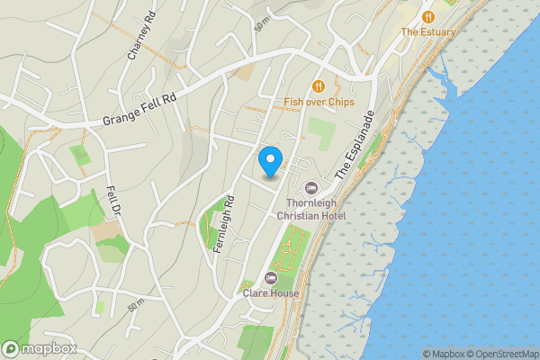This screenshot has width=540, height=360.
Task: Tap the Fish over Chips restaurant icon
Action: click(318, 86)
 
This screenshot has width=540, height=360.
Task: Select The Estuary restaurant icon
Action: click(428, 16)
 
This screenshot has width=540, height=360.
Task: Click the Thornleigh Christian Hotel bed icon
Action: click(311, 187)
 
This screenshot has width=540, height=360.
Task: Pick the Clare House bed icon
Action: click(270, 276)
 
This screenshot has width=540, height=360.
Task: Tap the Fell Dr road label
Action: click(113, 202)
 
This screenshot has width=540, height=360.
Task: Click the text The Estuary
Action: click(428, 32)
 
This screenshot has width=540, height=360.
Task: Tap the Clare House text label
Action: click(270, 292)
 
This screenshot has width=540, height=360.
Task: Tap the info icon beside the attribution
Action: click(415, 354)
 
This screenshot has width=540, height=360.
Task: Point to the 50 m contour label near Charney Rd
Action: click(262, 24)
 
